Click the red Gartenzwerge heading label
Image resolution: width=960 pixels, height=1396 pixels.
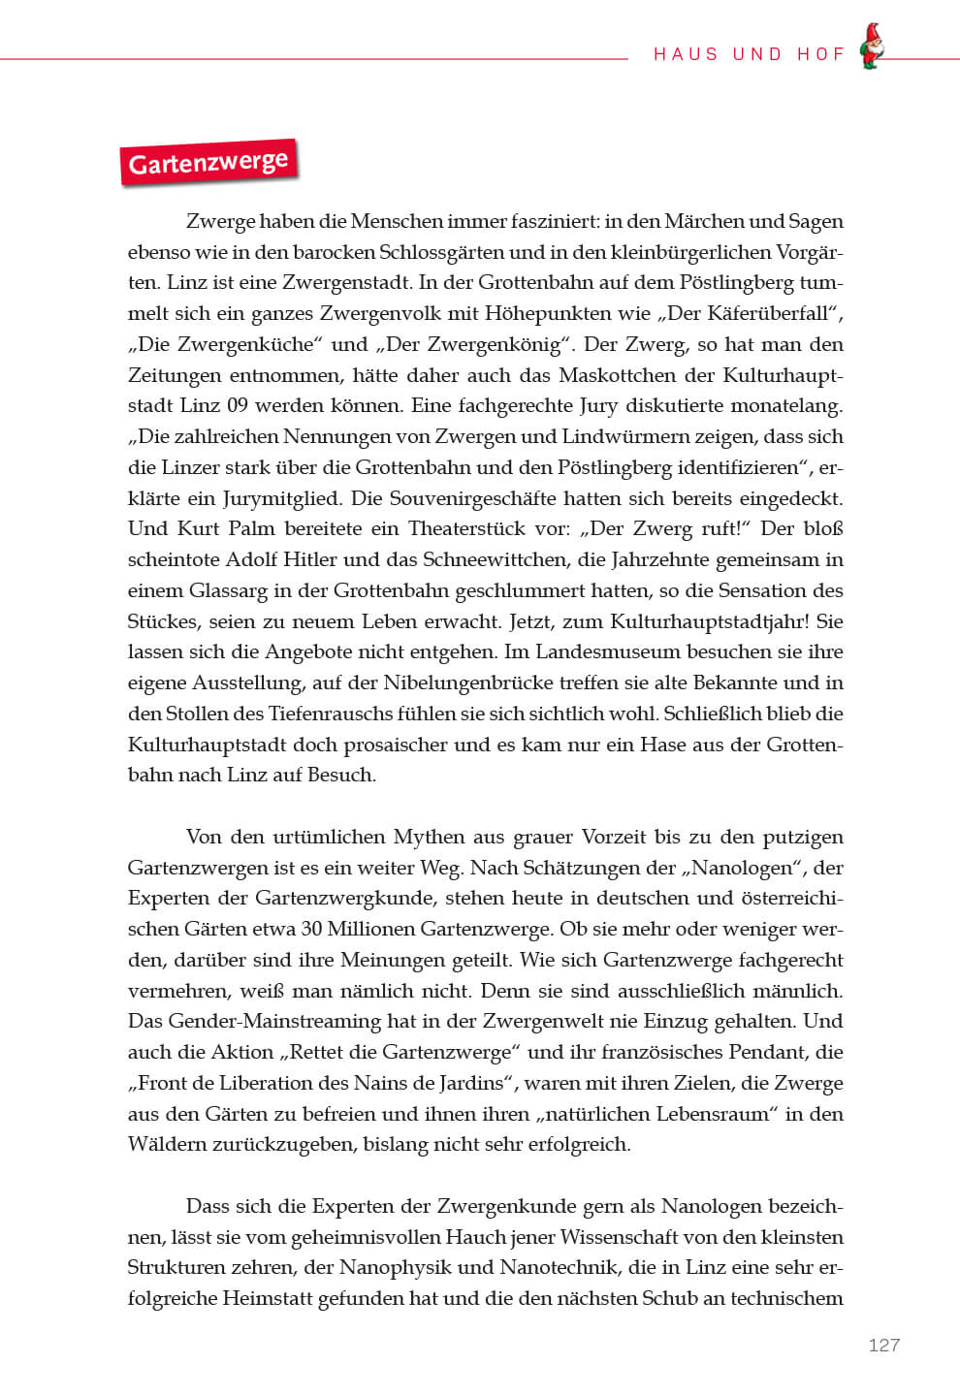point(208,162)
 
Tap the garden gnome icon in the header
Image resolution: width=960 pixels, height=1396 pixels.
point(872,47)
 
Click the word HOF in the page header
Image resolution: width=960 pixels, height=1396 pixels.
point(821,54)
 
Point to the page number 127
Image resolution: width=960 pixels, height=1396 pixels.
point(883,1345)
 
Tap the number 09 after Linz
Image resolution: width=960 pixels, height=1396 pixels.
point(237,406)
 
